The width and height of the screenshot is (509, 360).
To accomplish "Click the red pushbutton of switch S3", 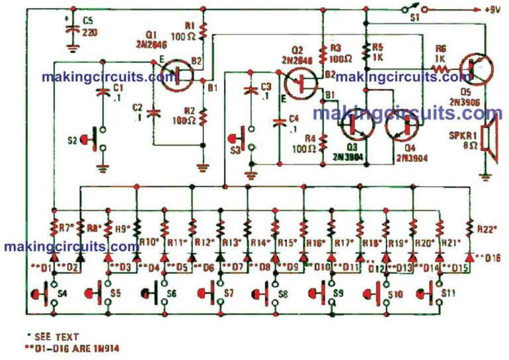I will [x=235, y=139].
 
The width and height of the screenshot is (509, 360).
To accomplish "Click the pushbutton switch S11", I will [x=427, y=292].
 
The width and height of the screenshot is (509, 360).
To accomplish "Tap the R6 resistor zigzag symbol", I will [x=438, y=67].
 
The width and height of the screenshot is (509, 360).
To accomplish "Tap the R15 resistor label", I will [x=287, y=243].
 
